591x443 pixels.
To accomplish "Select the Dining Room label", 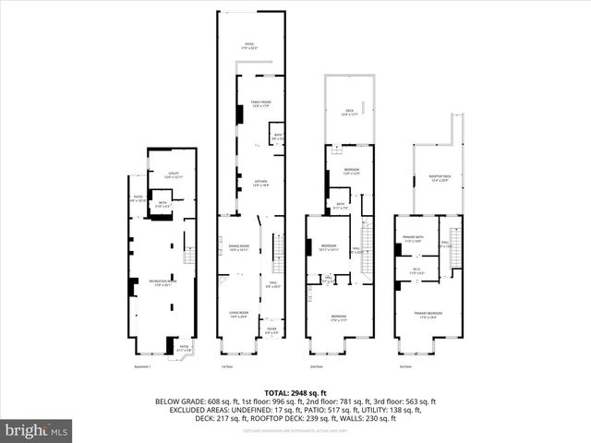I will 239,247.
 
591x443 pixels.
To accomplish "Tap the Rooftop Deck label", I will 439,178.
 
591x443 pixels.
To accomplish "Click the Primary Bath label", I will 412,240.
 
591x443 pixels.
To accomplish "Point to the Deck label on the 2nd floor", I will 349,113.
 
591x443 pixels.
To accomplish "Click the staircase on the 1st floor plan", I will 275,253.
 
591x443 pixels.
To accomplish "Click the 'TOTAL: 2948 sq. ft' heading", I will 295,391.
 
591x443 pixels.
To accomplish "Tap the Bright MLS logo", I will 37,430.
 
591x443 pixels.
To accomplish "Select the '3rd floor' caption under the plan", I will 404,366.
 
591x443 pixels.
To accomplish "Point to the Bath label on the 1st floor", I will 277,138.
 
